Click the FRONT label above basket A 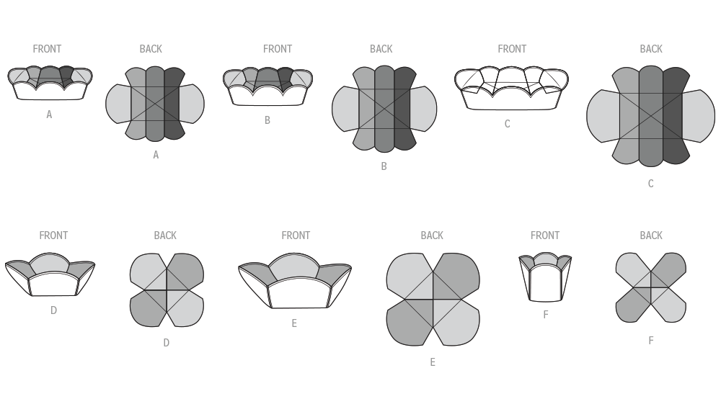(47, 49)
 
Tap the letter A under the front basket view (49, 115)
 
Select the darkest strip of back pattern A (174, 103)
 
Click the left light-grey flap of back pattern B (345, 109)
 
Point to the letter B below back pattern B (384, 166)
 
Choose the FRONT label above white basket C (512, 49)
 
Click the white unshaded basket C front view (511, 88)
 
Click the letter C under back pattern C (650, 184)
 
